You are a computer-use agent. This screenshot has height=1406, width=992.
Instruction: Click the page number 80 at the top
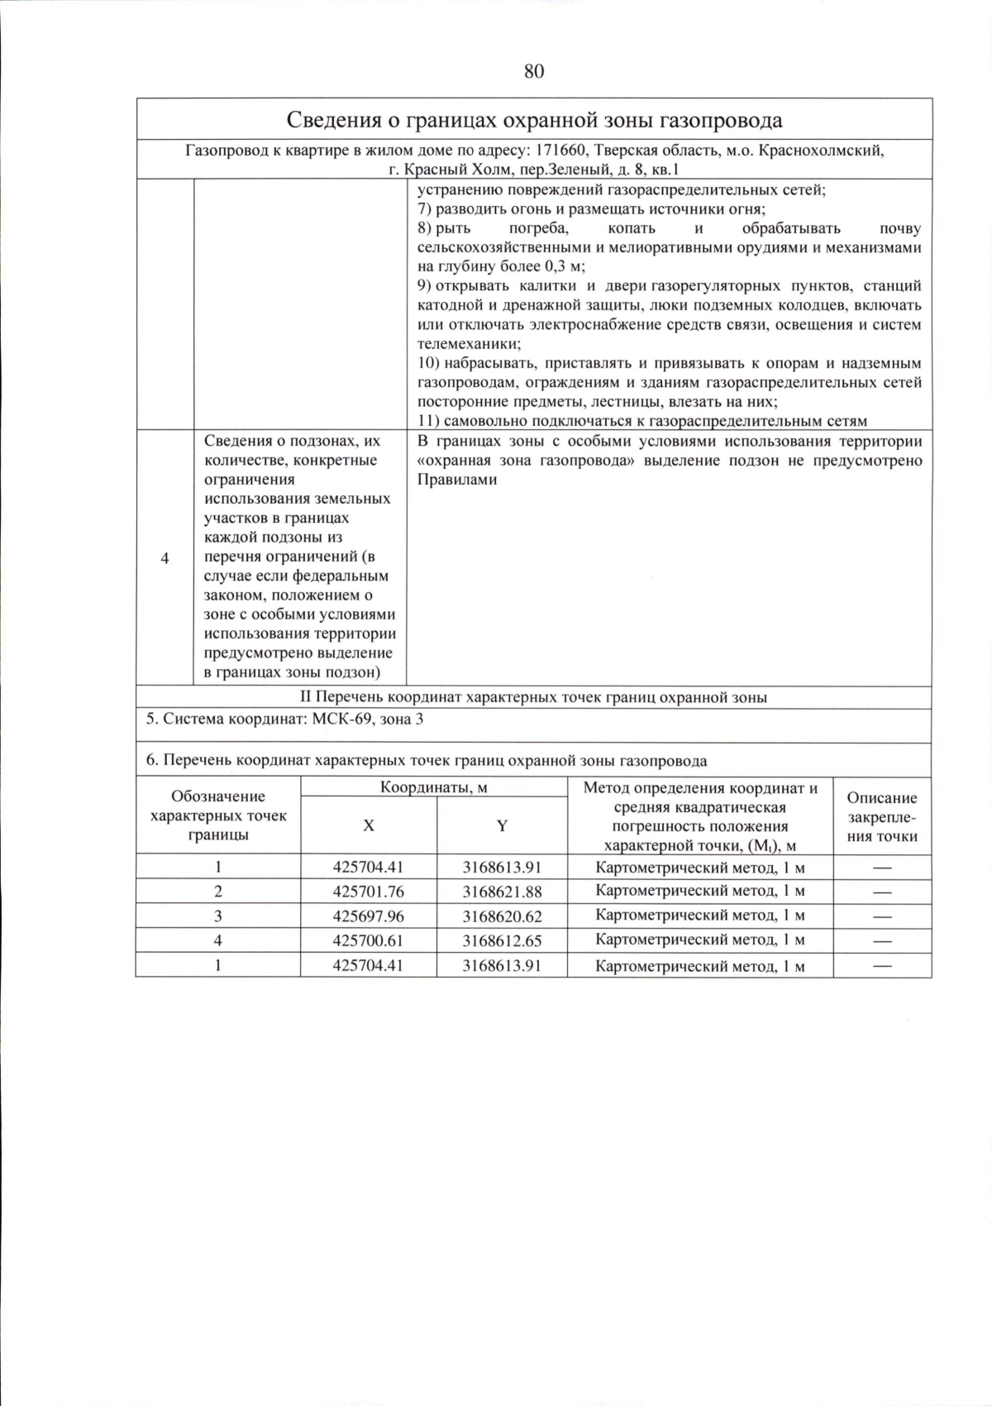pyautogui.click(x=534, y=71)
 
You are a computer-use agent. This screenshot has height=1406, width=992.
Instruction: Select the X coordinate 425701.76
pyautogui.click(x=368, y=892)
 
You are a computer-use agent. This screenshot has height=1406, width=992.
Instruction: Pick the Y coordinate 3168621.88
pyautogui.click(x=502, y=892)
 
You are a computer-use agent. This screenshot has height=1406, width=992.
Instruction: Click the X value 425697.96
pyautogui.click(x=368, y=916)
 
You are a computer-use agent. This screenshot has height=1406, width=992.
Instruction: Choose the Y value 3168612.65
pyautogui.click(x=502, y=940)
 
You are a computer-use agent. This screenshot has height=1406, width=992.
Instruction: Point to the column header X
pyautogui.click(x=369, y=825)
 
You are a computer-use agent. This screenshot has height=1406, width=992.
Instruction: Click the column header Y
pyautogui.click(x=502, y=825)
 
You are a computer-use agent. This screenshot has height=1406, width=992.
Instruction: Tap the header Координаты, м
pyautogui.click(x=434, y=787)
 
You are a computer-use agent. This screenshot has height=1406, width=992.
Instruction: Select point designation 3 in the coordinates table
pyautogui.click(x=218, y=916)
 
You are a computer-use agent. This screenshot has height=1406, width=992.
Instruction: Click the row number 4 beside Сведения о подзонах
pyautogui.click(x=165, y=558)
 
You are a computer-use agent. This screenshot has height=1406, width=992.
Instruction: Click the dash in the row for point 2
pyautogui.click(x=882, y=892)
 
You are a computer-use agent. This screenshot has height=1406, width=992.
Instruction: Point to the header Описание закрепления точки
pyautogui.click(x=882, y=816)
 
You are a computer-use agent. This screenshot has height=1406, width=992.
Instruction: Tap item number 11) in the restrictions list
pyautogui.click(x=429, y=421)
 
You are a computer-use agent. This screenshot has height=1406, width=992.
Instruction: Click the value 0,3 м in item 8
pyautogui.click(x=563, y=266)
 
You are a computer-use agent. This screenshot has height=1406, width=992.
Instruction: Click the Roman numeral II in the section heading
pyautogui.click(x=305, y=697)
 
